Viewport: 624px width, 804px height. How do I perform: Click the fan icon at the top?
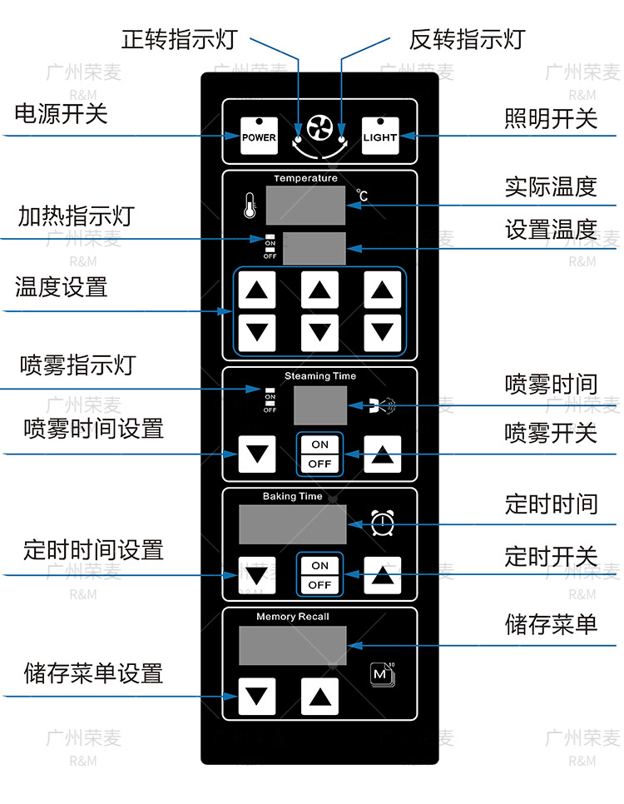(x=319, y=131)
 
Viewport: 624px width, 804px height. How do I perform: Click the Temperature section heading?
(x=305, y=178)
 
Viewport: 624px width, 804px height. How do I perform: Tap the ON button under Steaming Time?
(x=320, y=444)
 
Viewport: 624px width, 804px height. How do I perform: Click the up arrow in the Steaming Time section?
(x=382, y=454)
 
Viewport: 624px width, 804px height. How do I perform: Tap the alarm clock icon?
(x=383, y=523)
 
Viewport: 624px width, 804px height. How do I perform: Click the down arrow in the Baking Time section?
(x=257, y=575)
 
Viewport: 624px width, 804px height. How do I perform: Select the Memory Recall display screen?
(x=293, y=645)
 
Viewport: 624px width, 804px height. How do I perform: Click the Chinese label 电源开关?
(x=62, y=113)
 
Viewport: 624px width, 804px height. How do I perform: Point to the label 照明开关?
(x=551, y=118)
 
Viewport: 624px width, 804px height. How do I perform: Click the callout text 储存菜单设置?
(x=93, y=672)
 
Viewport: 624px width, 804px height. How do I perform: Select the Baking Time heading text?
(x=292, y=497)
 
